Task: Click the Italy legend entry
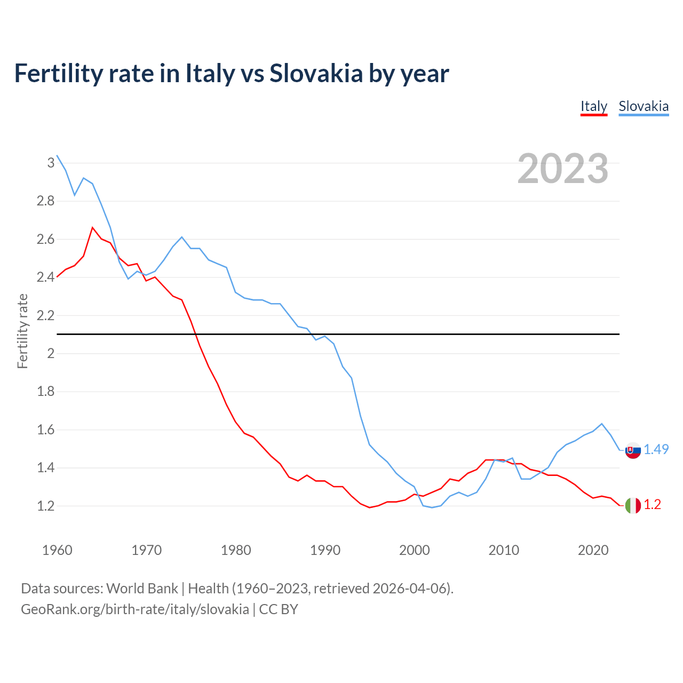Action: [593, 106]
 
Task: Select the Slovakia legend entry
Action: [643, 106]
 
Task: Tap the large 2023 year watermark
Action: [563, 169]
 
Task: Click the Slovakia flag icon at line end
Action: [633, 451]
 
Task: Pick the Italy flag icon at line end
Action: [633, 505]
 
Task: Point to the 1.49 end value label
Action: [656, 449]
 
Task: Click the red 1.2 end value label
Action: [652, 504]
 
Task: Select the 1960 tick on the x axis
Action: [57, 550]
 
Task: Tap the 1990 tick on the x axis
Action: [325, 550]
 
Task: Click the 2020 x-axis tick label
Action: [593, 550]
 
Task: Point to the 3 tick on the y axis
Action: [51, 163]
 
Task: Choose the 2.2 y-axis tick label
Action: [45, 315]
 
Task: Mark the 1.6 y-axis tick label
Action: [45, 430]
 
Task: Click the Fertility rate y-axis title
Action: [22, 331]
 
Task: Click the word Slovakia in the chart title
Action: [316, 73]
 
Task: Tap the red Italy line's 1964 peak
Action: [93, 227]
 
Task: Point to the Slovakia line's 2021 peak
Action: [602, 424]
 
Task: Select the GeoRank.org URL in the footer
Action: [134, 609]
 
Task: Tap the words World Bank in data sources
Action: [142, 588]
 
